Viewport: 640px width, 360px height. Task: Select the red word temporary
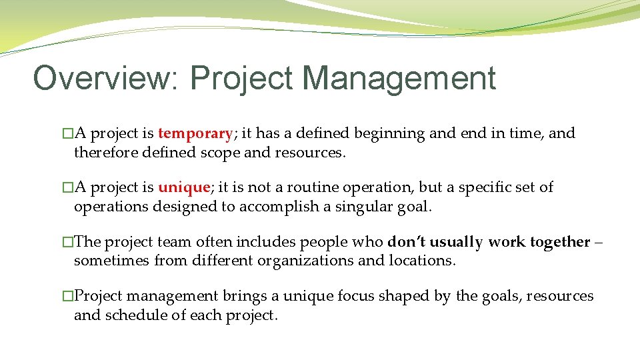pyautogui.click(x=195, y=133)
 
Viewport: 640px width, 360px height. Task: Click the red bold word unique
pyautogui.click(x=183, y=187)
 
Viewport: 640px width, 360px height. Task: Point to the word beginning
pyautogui.click(x=389, y=133)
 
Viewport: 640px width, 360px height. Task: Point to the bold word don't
pyautogui.click(x=407, y=242)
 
